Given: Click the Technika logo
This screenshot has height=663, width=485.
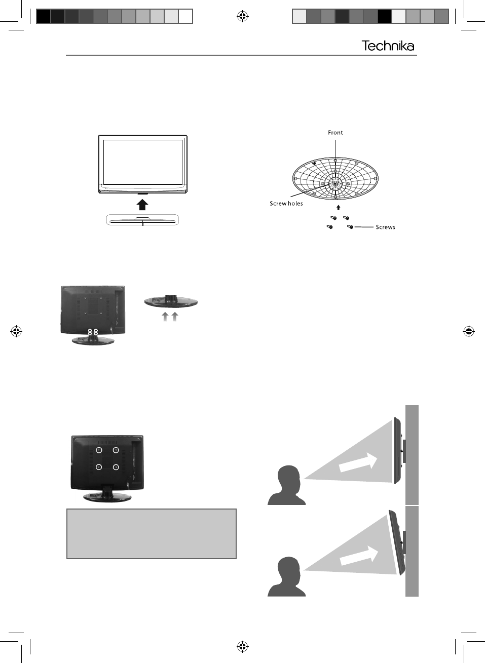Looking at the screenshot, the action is pos(388,46).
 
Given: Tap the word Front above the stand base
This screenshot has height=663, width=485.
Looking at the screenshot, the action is pos(335,133).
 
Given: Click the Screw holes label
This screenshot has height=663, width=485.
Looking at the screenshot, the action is pos(286,204).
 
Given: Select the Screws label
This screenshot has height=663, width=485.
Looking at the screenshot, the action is pos(385,227).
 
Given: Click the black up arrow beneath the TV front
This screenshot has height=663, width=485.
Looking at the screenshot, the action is pos(143,204).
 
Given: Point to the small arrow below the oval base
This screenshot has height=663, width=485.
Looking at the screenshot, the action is pos(339,207).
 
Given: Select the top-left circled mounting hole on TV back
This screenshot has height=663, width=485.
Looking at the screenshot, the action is pos(99,450).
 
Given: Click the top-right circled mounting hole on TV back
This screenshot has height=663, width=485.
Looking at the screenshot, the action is pos(116,450).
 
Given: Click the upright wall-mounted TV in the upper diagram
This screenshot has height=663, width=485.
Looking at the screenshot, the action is pos(397,450).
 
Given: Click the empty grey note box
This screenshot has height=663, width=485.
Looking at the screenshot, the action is pos(152,534).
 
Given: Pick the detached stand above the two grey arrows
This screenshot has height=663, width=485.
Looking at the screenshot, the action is pos(171,301).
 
